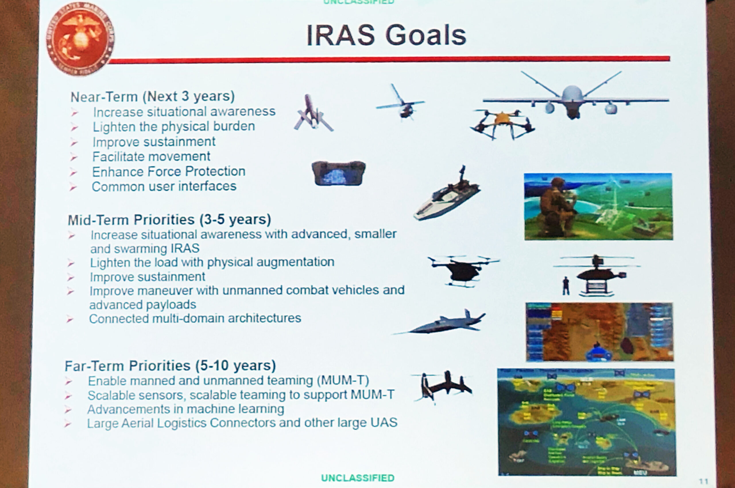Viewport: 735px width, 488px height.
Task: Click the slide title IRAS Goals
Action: [x=386, y=35]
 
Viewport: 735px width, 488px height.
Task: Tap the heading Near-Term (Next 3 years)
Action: [x=152, y=97]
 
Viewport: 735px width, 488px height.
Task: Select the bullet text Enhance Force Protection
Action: [x=169, y=172]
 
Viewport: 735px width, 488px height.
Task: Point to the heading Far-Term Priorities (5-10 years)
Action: [x=170, y=365]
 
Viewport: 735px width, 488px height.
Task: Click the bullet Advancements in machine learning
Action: [x=185, y=409]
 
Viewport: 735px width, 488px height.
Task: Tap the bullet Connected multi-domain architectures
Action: [x=195, y=318]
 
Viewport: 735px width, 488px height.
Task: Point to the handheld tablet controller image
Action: [x=338, y=173]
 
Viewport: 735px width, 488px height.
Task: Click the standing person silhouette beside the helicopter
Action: [x=566, y=286]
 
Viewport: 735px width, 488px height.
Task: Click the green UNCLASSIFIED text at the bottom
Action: [x=357, y=478]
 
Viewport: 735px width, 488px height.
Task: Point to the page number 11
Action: [x=703, y=481]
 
